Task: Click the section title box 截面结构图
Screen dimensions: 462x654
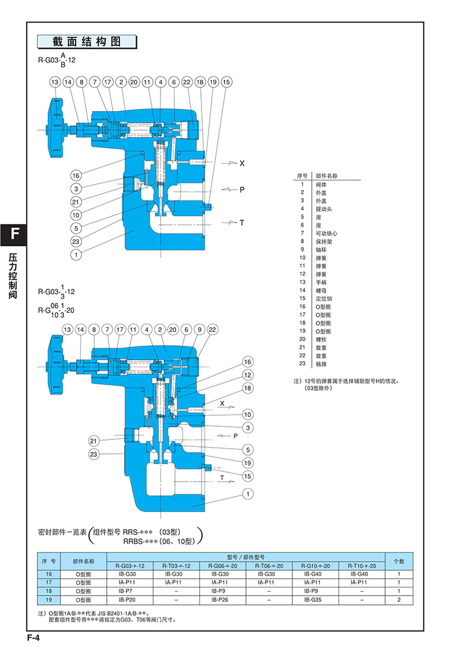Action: (87, 42)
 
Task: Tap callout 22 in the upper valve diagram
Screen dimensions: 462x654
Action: (187, 82)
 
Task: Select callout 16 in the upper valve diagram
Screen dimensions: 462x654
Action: (76, 176)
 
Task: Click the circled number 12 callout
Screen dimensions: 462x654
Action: (247, 375)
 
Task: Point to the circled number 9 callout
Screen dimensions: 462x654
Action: (200, 330)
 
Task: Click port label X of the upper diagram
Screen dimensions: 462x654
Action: (242, 164)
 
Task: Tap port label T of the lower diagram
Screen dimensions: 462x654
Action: (222, 478)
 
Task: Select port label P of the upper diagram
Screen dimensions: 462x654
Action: (242, 190)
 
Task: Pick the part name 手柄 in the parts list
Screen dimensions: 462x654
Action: (321, 282)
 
